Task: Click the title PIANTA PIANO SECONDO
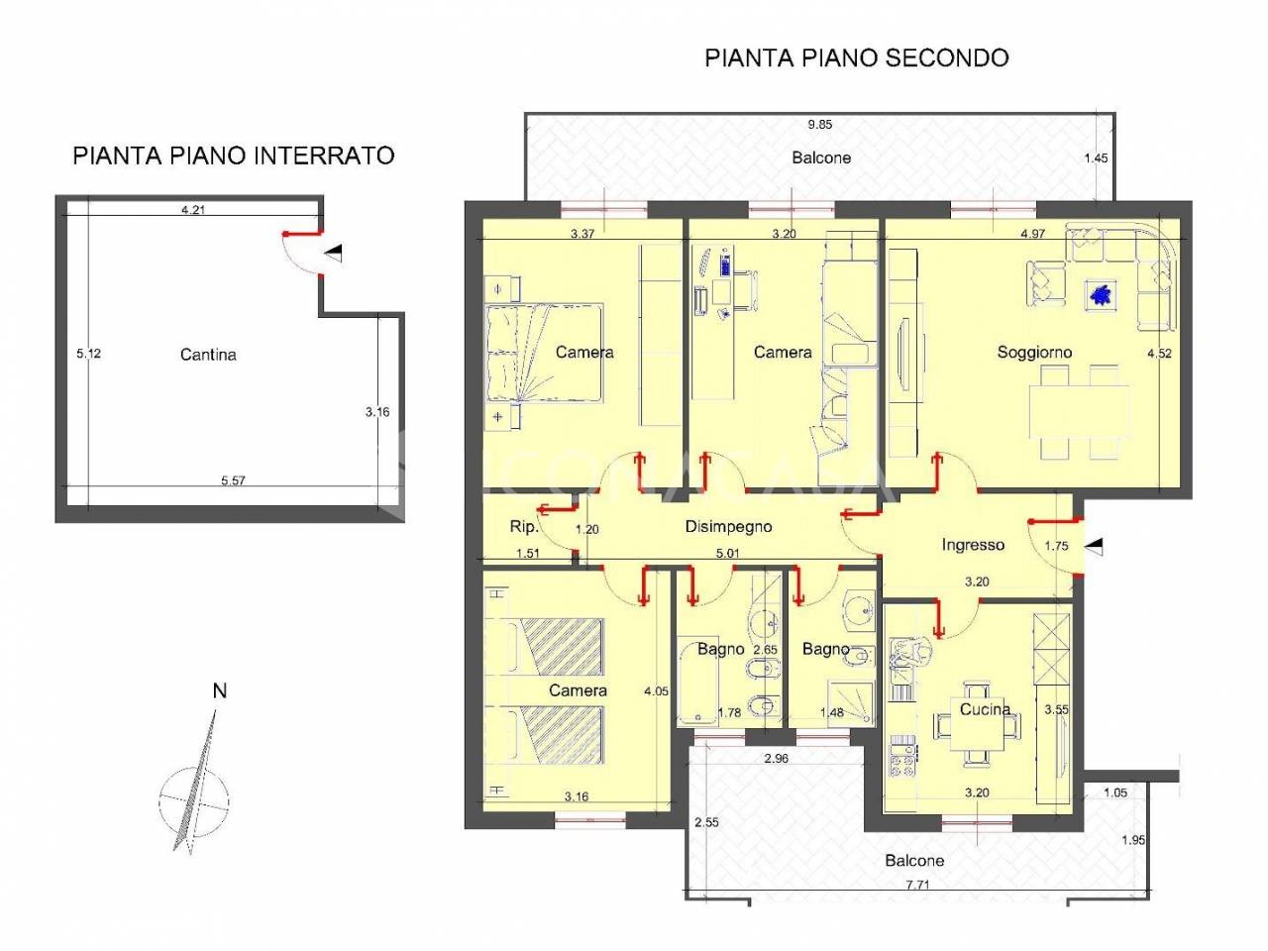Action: (856, 57)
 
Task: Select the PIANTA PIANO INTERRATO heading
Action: (233, 156)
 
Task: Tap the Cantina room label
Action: (208, 355)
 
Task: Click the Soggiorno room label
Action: (1034, 352)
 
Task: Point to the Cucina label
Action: (985, 708)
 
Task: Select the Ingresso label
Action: (972, 545)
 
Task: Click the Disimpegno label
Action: (728, 527)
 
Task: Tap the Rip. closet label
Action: (523, 527)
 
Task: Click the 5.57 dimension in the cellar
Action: (233, 480)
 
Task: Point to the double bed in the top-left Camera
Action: (545, 353)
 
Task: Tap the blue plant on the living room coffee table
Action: (1101, 294)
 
